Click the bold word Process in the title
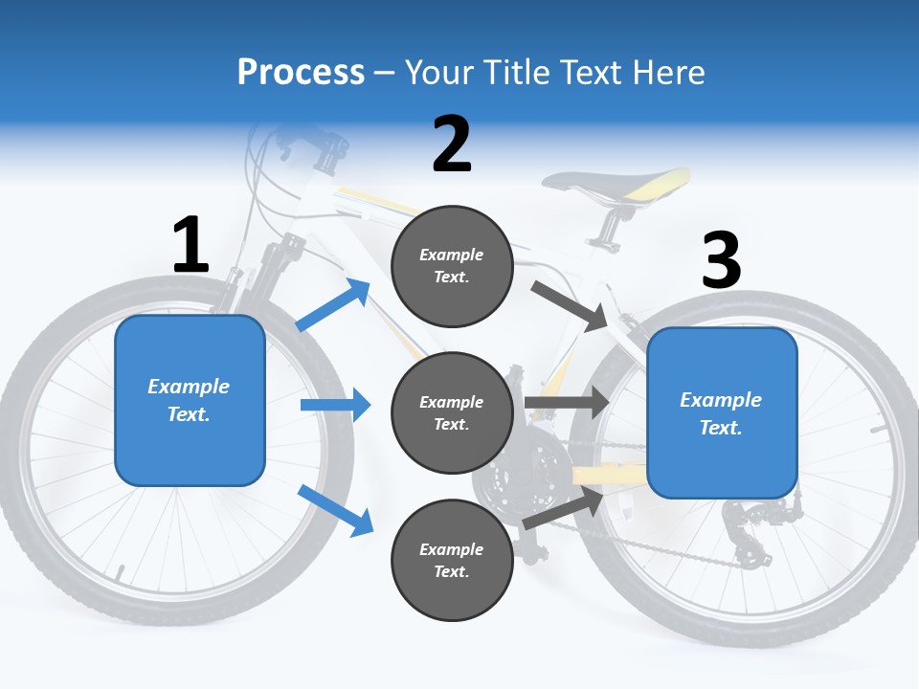301,72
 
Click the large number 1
191,245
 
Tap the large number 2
452,144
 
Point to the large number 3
721,260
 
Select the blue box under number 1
190,400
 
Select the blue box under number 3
722,413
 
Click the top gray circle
452,266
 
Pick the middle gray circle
452,413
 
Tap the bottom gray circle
452,561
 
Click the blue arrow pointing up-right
333,305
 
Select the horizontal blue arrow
335,405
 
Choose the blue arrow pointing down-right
335,510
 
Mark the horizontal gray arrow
567,403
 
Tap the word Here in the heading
669,72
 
